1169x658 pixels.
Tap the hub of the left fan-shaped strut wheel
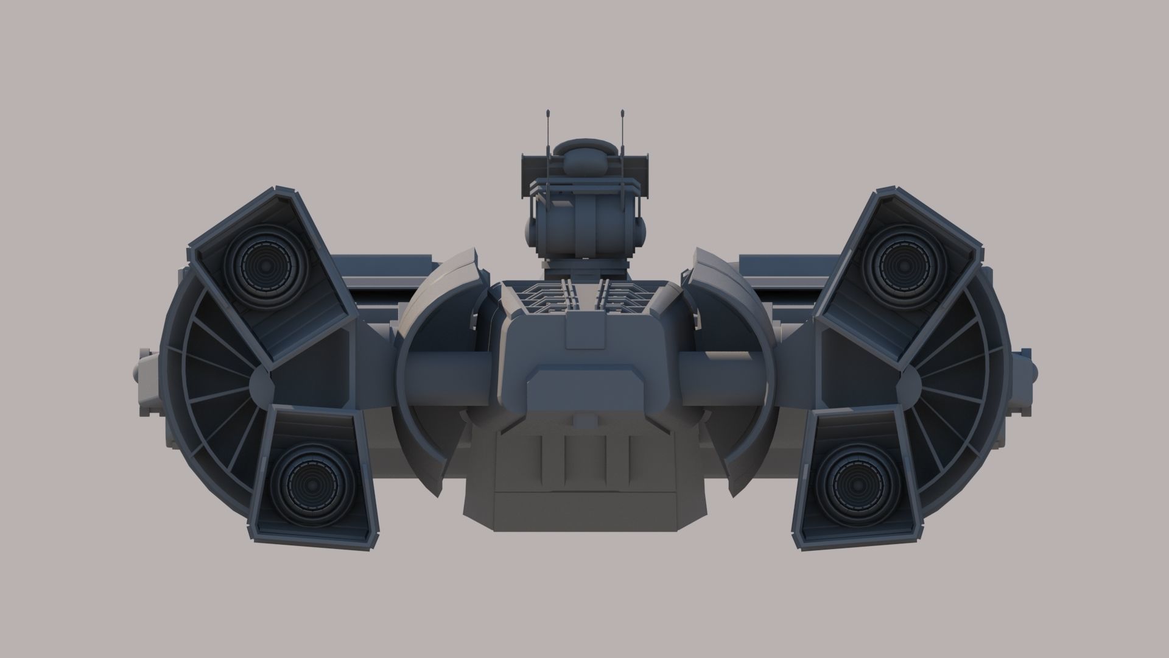coord(262,383)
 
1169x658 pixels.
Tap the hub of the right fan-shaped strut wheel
coord(907,383)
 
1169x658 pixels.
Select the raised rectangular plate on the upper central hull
coord(584,331)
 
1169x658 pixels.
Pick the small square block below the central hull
coord(585,420)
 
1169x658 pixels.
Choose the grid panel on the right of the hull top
coord(627,295)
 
